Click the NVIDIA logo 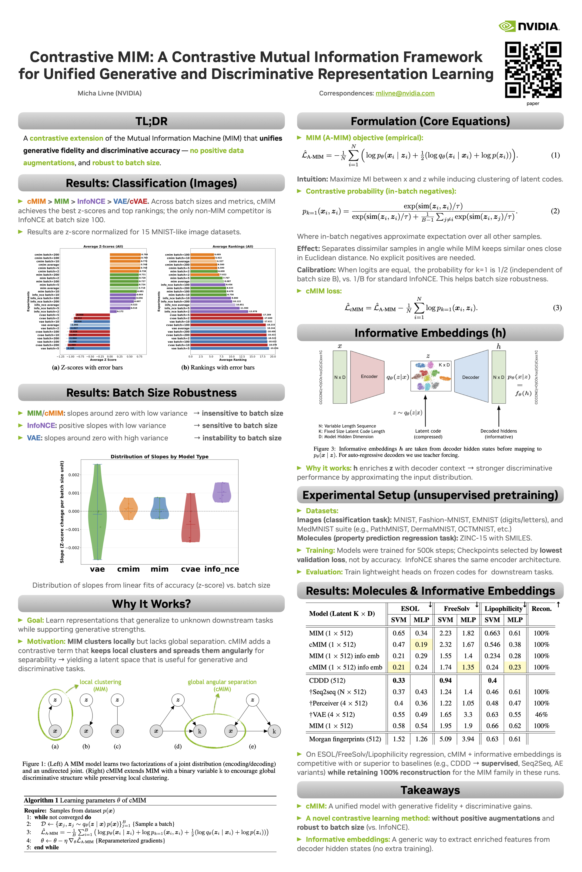529,26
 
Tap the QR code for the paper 533,70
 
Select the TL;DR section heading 152,121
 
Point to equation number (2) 555,211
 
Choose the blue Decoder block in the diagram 471,377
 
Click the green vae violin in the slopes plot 97,512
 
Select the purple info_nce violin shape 222,493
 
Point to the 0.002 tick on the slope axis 73,475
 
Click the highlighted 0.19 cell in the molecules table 421,644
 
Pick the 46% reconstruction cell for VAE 541,715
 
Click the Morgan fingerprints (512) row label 345,739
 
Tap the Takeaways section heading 430,790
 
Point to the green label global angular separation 222,682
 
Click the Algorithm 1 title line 85,801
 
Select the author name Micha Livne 109,93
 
